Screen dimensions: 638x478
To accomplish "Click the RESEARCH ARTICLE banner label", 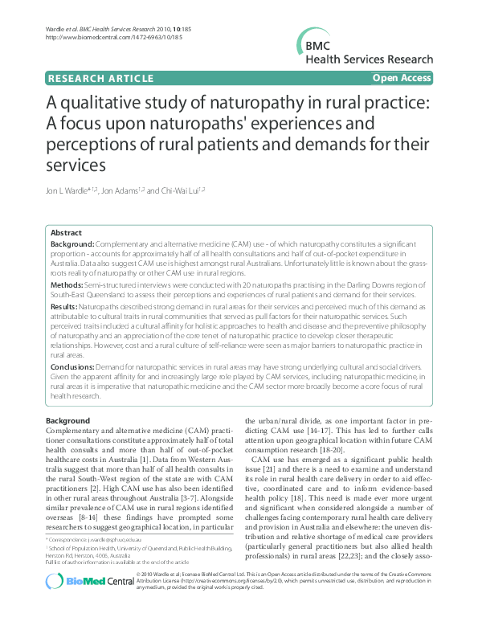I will [100, 78].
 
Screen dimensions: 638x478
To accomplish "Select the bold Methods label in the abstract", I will [67, 284].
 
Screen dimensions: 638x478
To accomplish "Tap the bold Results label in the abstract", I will [65, 307].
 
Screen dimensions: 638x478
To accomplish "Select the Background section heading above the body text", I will [67, 421].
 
